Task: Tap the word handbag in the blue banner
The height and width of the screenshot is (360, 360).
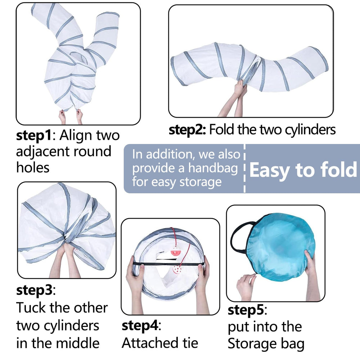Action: (x=213, y=168)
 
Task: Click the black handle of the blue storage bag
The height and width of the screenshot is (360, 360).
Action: (x=240, y=237)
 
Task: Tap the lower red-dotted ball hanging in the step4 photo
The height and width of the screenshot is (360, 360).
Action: (x=177, y=269)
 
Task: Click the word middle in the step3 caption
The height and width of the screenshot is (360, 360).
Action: (x=78, y=343)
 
